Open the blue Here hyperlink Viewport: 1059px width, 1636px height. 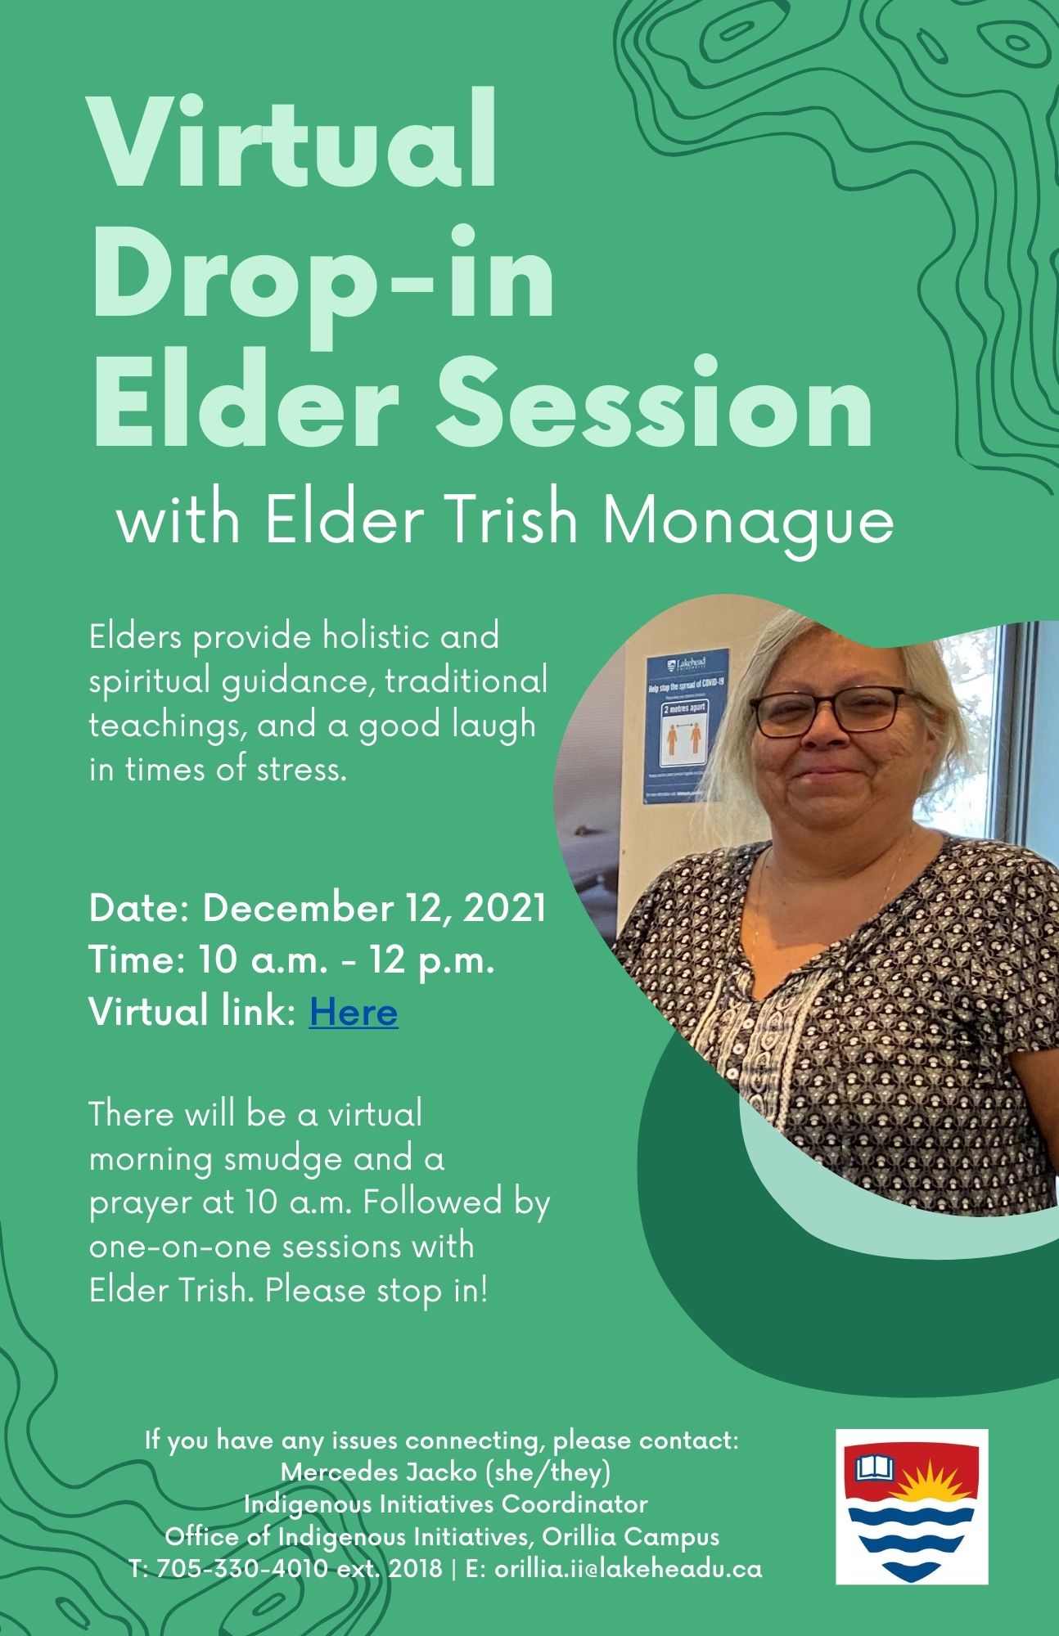[354, 1012]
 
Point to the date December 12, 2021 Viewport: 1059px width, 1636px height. [375, 909]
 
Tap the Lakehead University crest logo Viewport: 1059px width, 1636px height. [912, 1507]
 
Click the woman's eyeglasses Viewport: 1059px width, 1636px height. [827, 708]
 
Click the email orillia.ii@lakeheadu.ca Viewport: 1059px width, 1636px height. [629, 1568]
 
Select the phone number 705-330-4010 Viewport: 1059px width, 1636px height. [243, 1568]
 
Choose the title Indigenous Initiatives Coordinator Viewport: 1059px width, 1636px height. [446, 1504]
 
